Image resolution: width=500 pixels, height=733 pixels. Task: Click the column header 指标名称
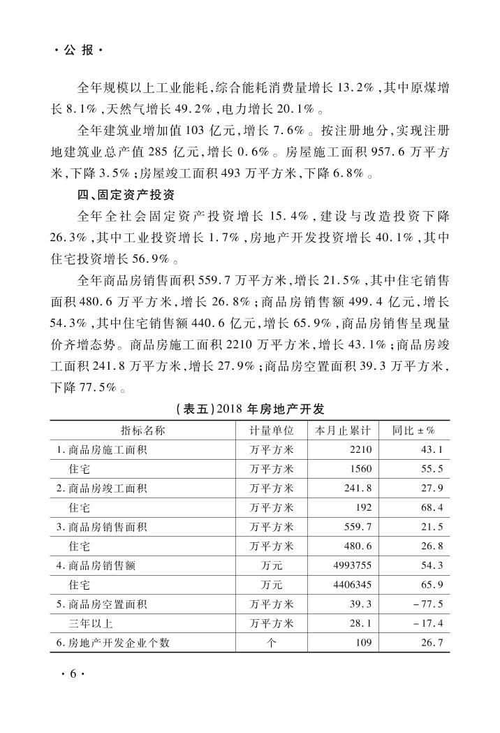143,430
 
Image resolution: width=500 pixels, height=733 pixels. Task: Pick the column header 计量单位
272,430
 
